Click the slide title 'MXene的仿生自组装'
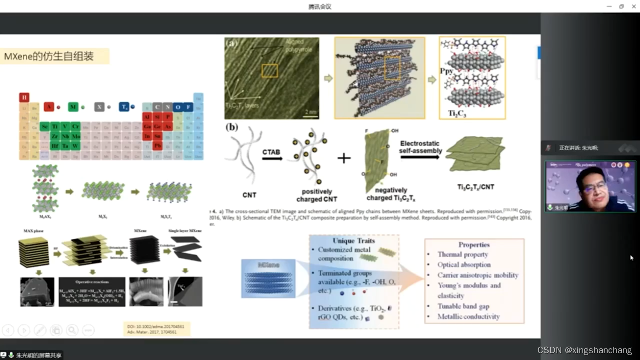pos(49,56)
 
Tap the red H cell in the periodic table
pos(24,97)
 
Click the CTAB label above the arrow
pos(271,152)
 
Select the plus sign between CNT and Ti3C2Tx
pos(344,158)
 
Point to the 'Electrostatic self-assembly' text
pos(420,147)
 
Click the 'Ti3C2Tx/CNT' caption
pos(475,187)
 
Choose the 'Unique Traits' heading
pos(353,241)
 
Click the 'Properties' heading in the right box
pos(474,245)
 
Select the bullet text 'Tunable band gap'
pos(463,306)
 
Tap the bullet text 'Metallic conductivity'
pos(468,316)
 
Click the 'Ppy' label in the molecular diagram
pos(446,71)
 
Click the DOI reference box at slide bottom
pos(156,329)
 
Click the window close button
pos(634,6)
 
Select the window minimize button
pos(609,6)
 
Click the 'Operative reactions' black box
pos(92,292)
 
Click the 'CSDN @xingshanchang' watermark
pos(585,350)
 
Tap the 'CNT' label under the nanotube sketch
pos(249,195)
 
